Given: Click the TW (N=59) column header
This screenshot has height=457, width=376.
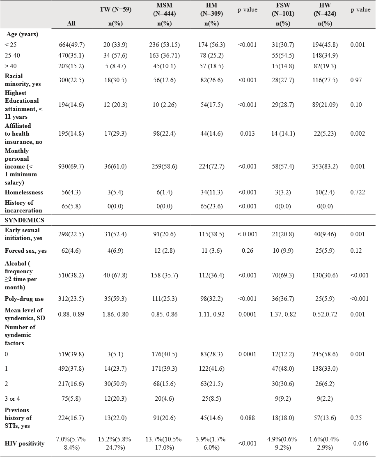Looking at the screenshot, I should (x=115, y=9).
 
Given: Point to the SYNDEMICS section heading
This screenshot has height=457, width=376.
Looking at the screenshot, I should (x=24, y=220).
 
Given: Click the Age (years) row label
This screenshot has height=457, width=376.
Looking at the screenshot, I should (x=22, y=34).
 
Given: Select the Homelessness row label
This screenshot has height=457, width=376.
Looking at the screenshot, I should (x=24, y=192).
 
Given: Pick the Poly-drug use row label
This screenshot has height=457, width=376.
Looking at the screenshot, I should (x=24, y=299).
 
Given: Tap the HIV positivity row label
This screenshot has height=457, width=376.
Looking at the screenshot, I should (x=25, y=443).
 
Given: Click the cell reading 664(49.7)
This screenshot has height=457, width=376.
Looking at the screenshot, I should (x=71, y=45).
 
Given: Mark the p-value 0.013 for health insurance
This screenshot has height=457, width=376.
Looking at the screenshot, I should (x=247, y=133).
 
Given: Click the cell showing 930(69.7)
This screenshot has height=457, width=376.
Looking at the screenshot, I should (x=71, y=166).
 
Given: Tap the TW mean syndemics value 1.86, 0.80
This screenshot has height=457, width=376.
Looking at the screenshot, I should (x=115, y=314).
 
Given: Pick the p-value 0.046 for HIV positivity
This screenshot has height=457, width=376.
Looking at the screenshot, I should (x=360, y=443).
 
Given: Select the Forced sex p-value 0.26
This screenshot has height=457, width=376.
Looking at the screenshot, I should (x=247, y=251).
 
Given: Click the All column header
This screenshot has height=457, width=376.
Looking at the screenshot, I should (x=71, y=23).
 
